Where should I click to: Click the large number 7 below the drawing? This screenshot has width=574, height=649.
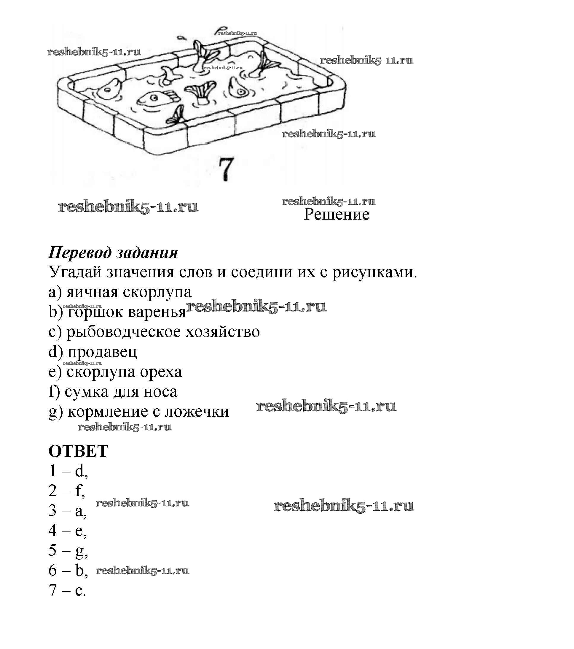[226, 169]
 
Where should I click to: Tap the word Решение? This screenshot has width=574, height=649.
[336, 214]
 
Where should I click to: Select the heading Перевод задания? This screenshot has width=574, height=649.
[113, 253]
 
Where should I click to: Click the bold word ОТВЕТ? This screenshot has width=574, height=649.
[78, 451]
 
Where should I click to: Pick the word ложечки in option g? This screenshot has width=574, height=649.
[197, 412]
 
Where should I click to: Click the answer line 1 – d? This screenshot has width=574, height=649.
[68, 471]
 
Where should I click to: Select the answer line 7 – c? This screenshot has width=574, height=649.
[67, 590]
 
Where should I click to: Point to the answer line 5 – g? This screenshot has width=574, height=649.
[68, 550]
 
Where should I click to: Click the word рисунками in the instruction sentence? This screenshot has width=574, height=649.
[374, 272]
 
